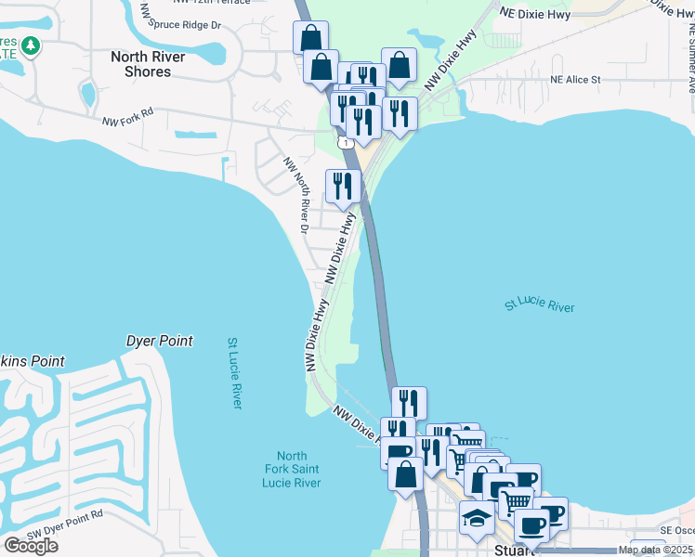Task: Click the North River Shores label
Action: (x=148, y=64)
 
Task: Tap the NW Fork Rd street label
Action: (x=127, y=122)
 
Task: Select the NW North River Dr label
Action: (x=296, y=194)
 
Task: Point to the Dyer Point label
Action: (x=160, y=341)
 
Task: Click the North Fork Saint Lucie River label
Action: (x=292, y=469)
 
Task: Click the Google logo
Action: (x=31, y=545)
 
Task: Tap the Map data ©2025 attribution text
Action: (x=655, y=550)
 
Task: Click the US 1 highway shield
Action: (x=345, y=142)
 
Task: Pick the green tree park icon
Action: (x=31, y=45)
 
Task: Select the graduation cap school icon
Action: (x=477, y=517)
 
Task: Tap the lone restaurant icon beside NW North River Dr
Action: (x=343, y=186)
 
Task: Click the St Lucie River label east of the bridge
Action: (x=540, y=305)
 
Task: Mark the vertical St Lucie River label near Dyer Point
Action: (x=235, y=372)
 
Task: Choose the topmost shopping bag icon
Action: (x=310, y=38)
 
